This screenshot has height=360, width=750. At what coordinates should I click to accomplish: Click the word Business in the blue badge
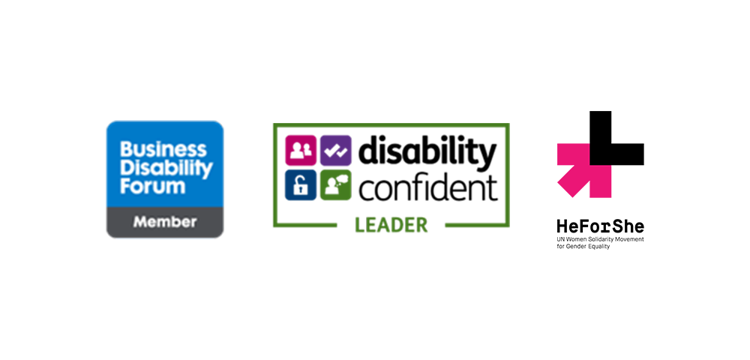tap(163, 150)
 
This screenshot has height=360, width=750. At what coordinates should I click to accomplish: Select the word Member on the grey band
tap(165, 222)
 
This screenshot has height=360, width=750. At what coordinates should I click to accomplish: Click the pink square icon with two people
tap(301, 151)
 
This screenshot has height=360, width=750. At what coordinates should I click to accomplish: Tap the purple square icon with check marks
tap(336, 151)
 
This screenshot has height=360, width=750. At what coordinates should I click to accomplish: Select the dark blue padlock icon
tap(301, 185)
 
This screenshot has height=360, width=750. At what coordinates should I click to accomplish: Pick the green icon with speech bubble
tap(336, 185)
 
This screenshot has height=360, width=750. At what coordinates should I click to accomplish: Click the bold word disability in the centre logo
tap(427, 153)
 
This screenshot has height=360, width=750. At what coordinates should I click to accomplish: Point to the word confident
tap(428, 188)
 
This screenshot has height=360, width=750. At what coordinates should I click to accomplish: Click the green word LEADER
tap(391, 225)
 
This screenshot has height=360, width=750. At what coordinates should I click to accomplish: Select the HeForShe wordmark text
tap(600, 226)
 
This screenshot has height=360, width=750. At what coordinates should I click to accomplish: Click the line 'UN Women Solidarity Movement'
tap(600, 238)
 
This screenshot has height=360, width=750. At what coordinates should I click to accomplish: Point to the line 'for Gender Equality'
tap(583, 247)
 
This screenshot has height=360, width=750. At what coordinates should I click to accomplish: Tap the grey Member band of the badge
tap(165, 222)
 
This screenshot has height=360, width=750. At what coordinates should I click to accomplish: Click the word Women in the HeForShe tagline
tap(575, 238)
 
